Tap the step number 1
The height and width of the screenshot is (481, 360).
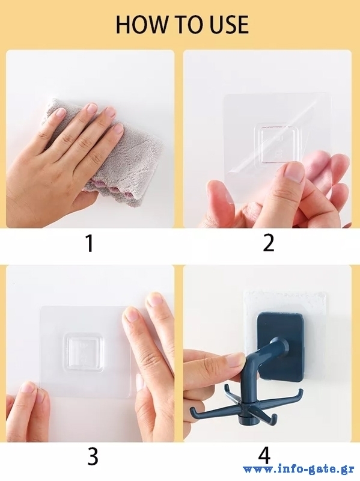[90, 244]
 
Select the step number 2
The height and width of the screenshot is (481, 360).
[269, 244]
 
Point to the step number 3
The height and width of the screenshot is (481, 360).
[93, 456]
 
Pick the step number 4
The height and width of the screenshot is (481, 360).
[264, 456]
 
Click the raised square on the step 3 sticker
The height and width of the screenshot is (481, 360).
[84, 352]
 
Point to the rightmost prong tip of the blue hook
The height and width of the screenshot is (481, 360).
[301, 391]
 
